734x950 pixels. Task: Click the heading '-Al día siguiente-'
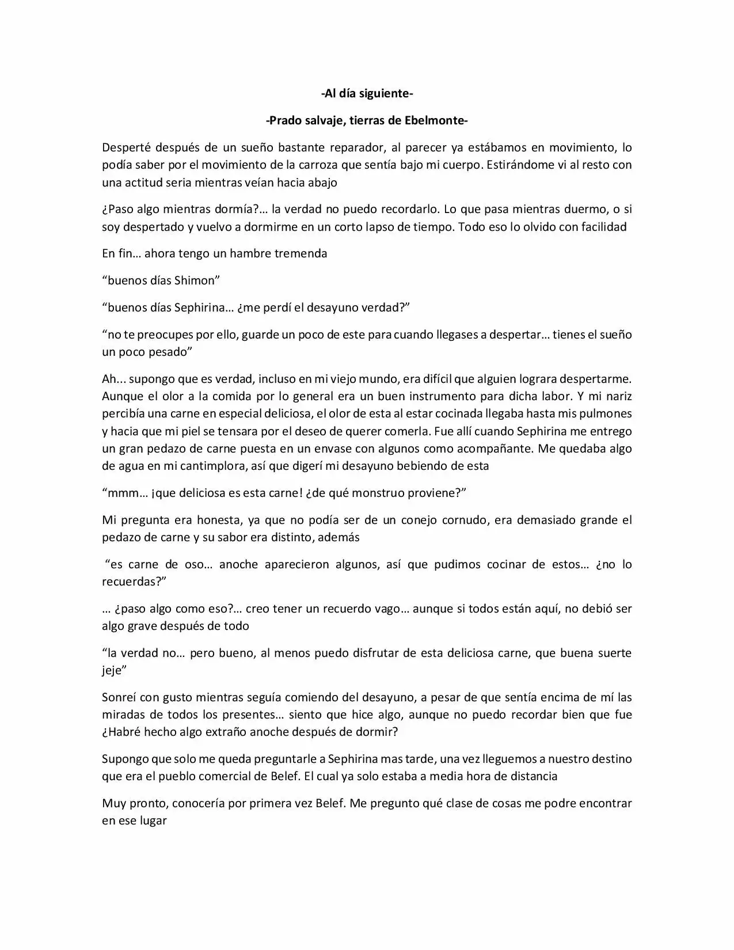pyautogui.click(x=367, y=93)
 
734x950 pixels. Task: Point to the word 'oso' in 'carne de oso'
pyautogui.click(x=195, y=564)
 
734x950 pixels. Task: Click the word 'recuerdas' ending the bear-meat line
pyautogui.click(x=131, y=582)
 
